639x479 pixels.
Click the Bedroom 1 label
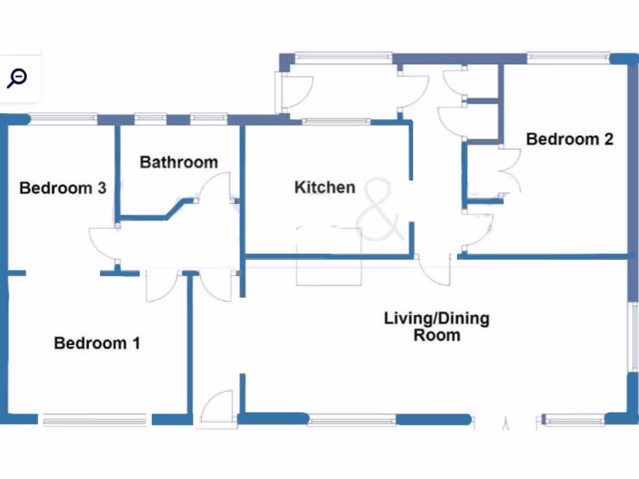[97, 343]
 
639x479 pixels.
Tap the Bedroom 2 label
[570, 139]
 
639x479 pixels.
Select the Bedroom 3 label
[62, 188]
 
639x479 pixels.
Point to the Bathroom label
[178, 163]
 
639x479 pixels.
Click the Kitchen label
[324, 187]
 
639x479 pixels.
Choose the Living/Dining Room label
[436, 327]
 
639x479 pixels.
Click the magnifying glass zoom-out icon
[17, 78]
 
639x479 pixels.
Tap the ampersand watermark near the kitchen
[380, 210]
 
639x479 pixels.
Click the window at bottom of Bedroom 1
[94, 420]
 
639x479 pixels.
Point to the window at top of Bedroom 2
[568, 57]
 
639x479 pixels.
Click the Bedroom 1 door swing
[161, 287]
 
